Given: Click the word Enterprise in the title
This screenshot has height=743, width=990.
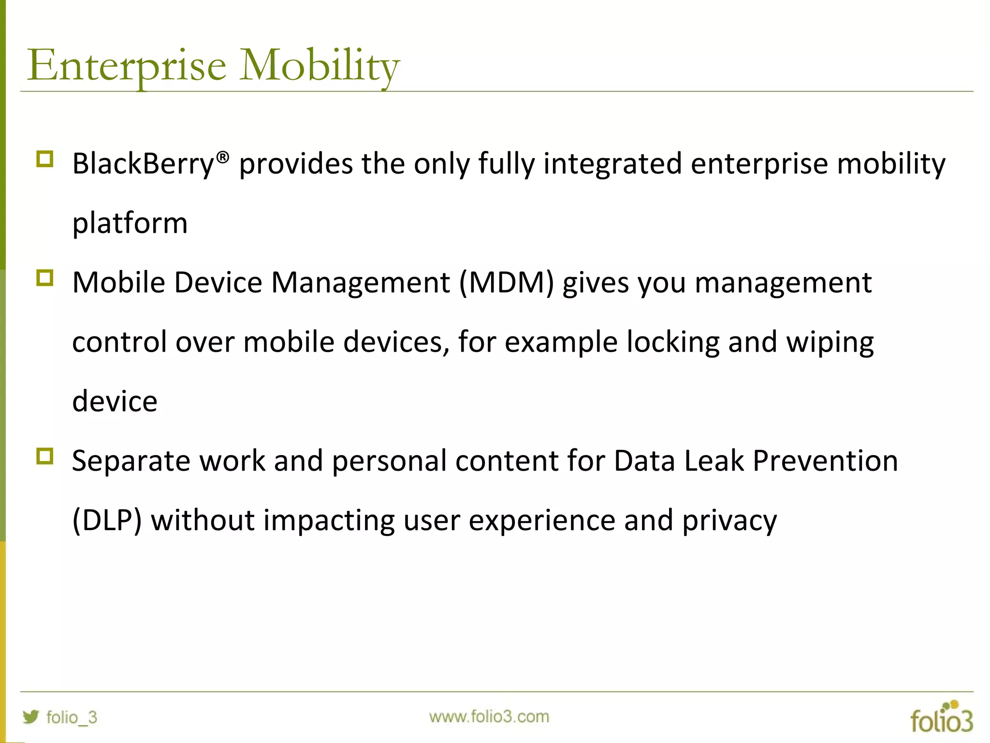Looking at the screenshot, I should (127, 65).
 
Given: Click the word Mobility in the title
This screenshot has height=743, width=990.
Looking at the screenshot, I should (320, 65).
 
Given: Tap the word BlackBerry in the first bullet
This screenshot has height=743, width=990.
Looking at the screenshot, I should (143, 163).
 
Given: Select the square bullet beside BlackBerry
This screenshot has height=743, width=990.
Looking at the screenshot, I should (44, 159).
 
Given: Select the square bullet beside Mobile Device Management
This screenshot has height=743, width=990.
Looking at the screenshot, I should (44, 278).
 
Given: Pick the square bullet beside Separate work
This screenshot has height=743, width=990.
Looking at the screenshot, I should (44, 456).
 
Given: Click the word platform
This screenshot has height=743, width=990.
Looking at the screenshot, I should (130, 223).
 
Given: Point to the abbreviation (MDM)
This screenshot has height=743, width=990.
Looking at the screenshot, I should (506, 282).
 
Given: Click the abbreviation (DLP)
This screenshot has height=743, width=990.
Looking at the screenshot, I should (107, 520).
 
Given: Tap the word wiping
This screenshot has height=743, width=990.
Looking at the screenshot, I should (830, 342).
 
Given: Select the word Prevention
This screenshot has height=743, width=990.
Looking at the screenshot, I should (825, 461).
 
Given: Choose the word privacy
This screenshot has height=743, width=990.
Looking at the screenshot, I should (729, 520).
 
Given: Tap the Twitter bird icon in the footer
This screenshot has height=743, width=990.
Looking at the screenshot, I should (31, 716).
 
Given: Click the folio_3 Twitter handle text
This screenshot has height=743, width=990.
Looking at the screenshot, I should (72, 717).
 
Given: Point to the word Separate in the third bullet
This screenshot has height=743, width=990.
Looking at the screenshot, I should (131, 461).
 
